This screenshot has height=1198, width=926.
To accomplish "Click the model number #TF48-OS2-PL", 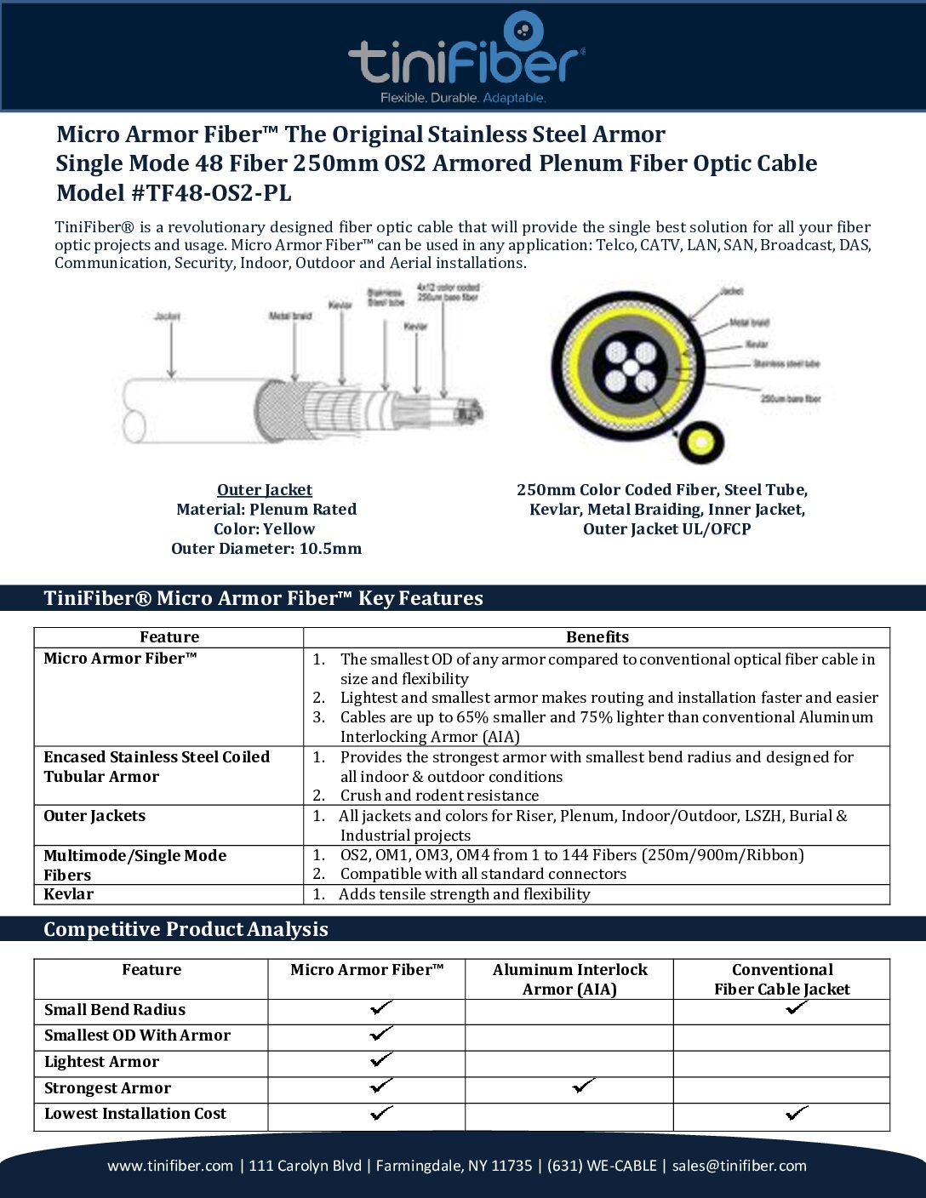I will (x=210, y=193).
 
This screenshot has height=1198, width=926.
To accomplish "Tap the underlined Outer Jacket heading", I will (x=265, y=490).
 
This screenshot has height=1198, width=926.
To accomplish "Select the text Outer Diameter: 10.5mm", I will (x=266, y=549).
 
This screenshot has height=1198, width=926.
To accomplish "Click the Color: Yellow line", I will (x=265, y=529).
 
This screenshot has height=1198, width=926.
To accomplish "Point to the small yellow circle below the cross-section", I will (x=700, y=442).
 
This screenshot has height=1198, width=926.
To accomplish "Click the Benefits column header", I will (x=597, y=637).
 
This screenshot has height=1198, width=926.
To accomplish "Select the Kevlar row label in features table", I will (x=69, y=894).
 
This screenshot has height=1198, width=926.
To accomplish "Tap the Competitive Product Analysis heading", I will (x=186, y=929).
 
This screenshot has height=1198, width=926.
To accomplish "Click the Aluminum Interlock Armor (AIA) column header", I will (x=569, y=979).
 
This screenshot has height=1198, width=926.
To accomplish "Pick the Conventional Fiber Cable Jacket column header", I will (x=781, y=979).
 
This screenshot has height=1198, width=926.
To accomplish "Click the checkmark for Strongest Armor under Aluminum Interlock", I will (x=583, y=1086).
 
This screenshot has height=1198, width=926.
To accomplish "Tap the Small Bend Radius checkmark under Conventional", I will (x=797, y=1007).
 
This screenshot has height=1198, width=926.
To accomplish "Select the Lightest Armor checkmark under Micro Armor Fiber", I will (x=381, y=1059).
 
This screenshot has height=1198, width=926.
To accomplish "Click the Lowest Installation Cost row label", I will (x=135, y=1114).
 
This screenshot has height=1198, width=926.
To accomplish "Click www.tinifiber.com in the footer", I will (x=170, y=1166).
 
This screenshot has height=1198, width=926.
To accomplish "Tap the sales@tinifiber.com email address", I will (x=739, y=1166).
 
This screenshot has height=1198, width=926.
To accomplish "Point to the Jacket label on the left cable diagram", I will (x=168, y=317).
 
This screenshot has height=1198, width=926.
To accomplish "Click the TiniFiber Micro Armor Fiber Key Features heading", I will (x=263, y=598).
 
